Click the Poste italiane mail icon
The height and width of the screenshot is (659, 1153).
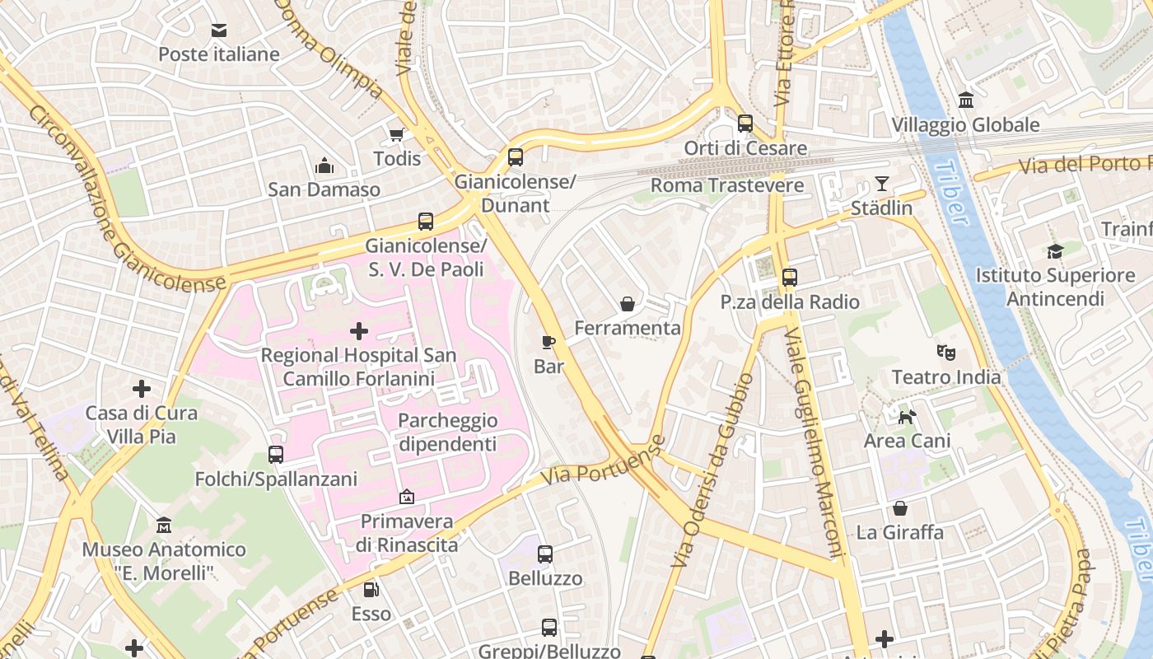pos(219,30)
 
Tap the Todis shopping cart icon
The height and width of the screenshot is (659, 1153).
pos(397,134)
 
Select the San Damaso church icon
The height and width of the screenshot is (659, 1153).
pos(324,166)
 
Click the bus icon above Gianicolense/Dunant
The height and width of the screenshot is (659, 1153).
pos(516,157)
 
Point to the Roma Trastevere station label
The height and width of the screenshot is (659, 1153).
pos(726,185)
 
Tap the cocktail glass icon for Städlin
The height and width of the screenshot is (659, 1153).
pos(882,184)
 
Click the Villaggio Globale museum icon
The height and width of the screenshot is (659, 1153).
pos(966,100)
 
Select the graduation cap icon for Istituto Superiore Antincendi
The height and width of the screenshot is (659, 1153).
pos(1055,251)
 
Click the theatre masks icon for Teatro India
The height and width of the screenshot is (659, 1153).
pos(946,353)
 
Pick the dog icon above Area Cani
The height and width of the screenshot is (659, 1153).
pos(907,417)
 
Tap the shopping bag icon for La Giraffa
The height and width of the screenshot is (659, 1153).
pos(900,508)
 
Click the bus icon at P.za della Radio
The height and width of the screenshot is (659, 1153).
pos(790,278)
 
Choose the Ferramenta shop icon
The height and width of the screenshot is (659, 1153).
pos(628,304)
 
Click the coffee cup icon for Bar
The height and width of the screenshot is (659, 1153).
pos(548,342)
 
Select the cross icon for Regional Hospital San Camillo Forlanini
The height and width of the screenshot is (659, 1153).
pos(358,331)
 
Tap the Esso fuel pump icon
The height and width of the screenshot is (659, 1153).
pos(371,590)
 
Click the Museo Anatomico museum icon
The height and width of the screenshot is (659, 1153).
pos(163,525)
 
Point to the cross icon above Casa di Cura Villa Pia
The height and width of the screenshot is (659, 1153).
pos(142,388)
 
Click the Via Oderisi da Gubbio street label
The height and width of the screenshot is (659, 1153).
pos(712,470)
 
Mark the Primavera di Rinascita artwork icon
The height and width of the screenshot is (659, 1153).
pos(406,497)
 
